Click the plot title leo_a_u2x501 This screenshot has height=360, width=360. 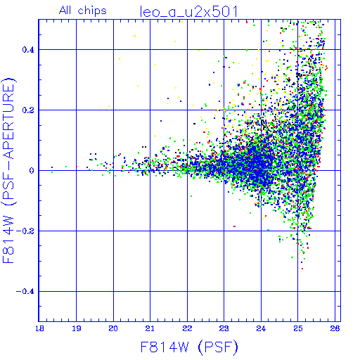(189, 12)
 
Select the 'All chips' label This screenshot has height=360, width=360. (83, 11)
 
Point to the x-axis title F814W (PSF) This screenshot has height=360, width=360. (189, 347)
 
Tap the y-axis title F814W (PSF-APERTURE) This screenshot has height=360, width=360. (8, 170)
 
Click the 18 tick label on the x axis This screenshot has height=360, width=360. (39, 328)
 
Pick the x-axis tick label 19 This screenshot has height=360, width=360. (77, 328)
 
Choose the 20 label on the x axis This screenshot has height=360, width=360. (113, 328)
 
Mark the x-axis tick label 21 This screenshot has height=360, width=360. (150, 328)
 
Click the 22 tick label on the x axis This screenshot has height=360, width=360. (187, 328)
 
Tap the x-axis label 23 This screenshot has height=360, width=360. (224, 328)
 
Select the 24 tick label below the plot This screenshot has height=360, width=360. (261, 328)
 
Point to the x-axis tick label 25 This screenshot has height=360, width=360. (298, 328)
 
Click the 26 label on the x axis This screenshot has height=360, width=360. (335, 328)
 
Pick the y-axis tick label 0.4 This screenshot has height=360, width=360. (28, 50)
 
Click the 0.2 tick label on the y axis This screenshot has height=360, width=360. (28, 110)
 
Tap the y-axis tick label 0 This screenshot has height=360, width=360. (32, 171)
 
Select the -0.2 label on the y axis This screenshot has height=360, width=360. (25, 231)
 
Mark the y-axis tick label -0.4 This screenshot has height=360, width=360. (25, 292)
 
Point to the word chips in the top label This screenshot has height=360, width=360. (92, 11)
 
